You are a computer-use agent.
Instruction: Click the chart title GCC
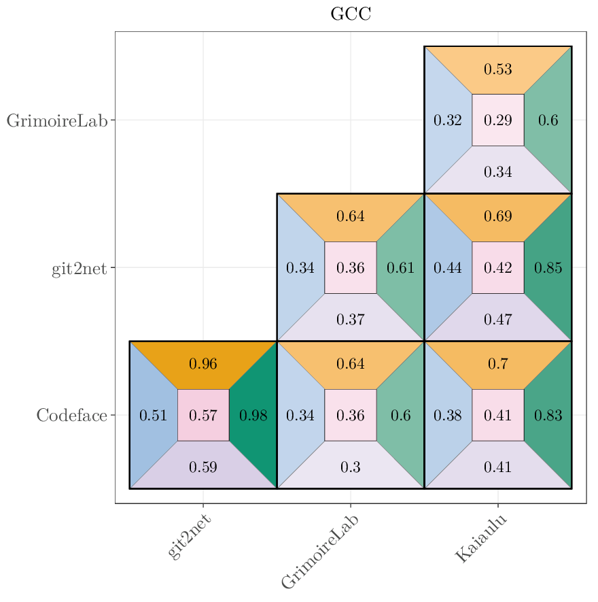coord(351,14)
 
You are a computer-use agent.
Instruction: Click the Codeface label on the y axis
coord(71,415)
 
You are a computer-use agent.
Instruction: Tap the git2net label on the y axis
coord(79,268)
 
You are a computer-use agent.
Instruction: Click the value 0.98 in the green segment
coord(253,416)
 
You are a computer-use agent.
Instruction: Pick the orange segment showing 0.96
coord(203,364)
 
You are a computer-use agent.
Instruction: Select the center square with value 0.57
coord(203,416)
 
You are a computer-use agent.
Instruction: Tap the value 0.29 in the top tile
coord(498,120)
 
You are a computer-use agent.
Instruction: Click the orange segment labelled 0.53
coord(498,69)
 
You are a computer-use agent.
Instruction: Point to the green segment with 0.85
coord(548,268)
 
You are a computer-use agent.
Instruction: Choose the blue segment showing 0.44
coord(448,268)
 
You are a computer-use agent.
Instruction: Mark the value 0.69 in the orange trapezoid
coord(498,217)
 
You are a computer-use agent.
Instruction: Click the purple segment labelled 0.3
coord(351,467)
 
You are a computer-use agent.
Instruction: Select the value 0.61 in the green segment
coord(401,268)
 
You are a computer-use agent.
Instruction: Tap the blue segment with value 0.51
coord(153,416)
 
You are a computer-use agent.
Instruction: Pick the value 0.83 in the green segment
coord(548,416)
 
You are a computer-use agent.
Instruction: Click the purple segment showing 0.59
coord(203,467)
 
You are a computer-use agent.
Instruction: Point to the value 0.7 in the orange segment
coord(498,364)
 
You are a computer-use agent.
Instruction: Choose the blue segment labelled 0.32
coord(448,120)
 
